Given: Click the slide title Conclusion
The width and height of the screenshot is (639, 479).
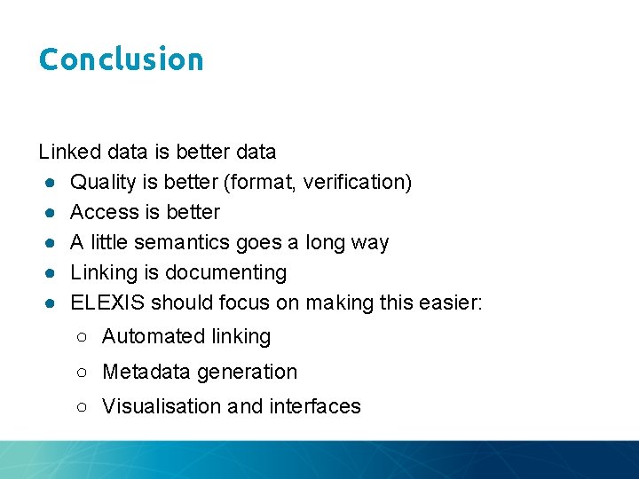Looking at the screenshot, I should pyautogui.click(x=122, y=59).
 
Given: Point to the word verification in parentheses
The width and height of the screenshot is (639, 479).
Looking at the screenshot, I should pyautogui.click(x=354, y=182).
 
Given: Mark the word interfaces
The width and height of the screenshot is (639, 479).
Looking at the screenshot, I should pyautogui.click(x=315, y=406).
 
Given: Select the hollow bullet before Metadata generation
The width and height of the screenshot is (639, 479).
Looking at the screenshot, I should pyautogui.click(x=82, y=372).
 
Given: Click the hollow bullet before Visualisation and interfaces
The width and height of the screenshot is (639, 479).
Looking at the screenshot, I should pyautogui.click(x=82, y=406).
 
